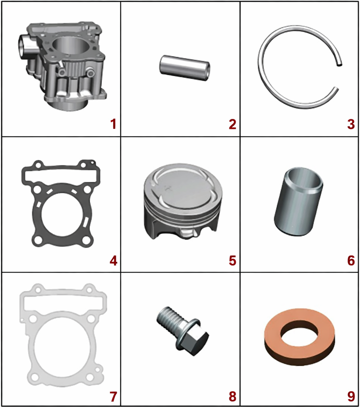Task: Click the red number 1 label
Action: pyautogui.click(x=114, y=124)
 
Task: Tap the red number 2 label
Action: pyautogui.click(x=232, y=124)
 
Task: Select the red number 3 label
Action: pyautogui.click(x=351, y=124)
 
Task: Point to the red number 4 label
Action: pyautogui.click(x=114, y=260)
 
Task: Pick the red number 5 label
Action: pyautogui.click(x=232, y=260)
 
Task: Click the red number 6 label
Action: pyautogui.click(x=351, y=260)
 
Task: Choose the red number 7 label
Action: pyautogui.click(x=114, y=397)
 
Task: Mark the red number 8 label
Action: pyautogui.click(x=232, y=397)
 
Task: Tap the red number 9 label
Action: pyautogui.click(x=351, y=397)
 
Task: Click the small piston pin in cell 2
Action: pyautogui.click(x=184, y=68)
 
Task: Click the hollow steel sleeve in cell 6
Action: pyautogui.click(x=298, y=202)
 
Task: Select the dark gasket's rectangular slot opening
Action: pyautogui.click(x=61, y=175)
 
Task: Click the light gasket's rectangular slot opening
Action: pyautogui.click(x=63, y=301)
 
